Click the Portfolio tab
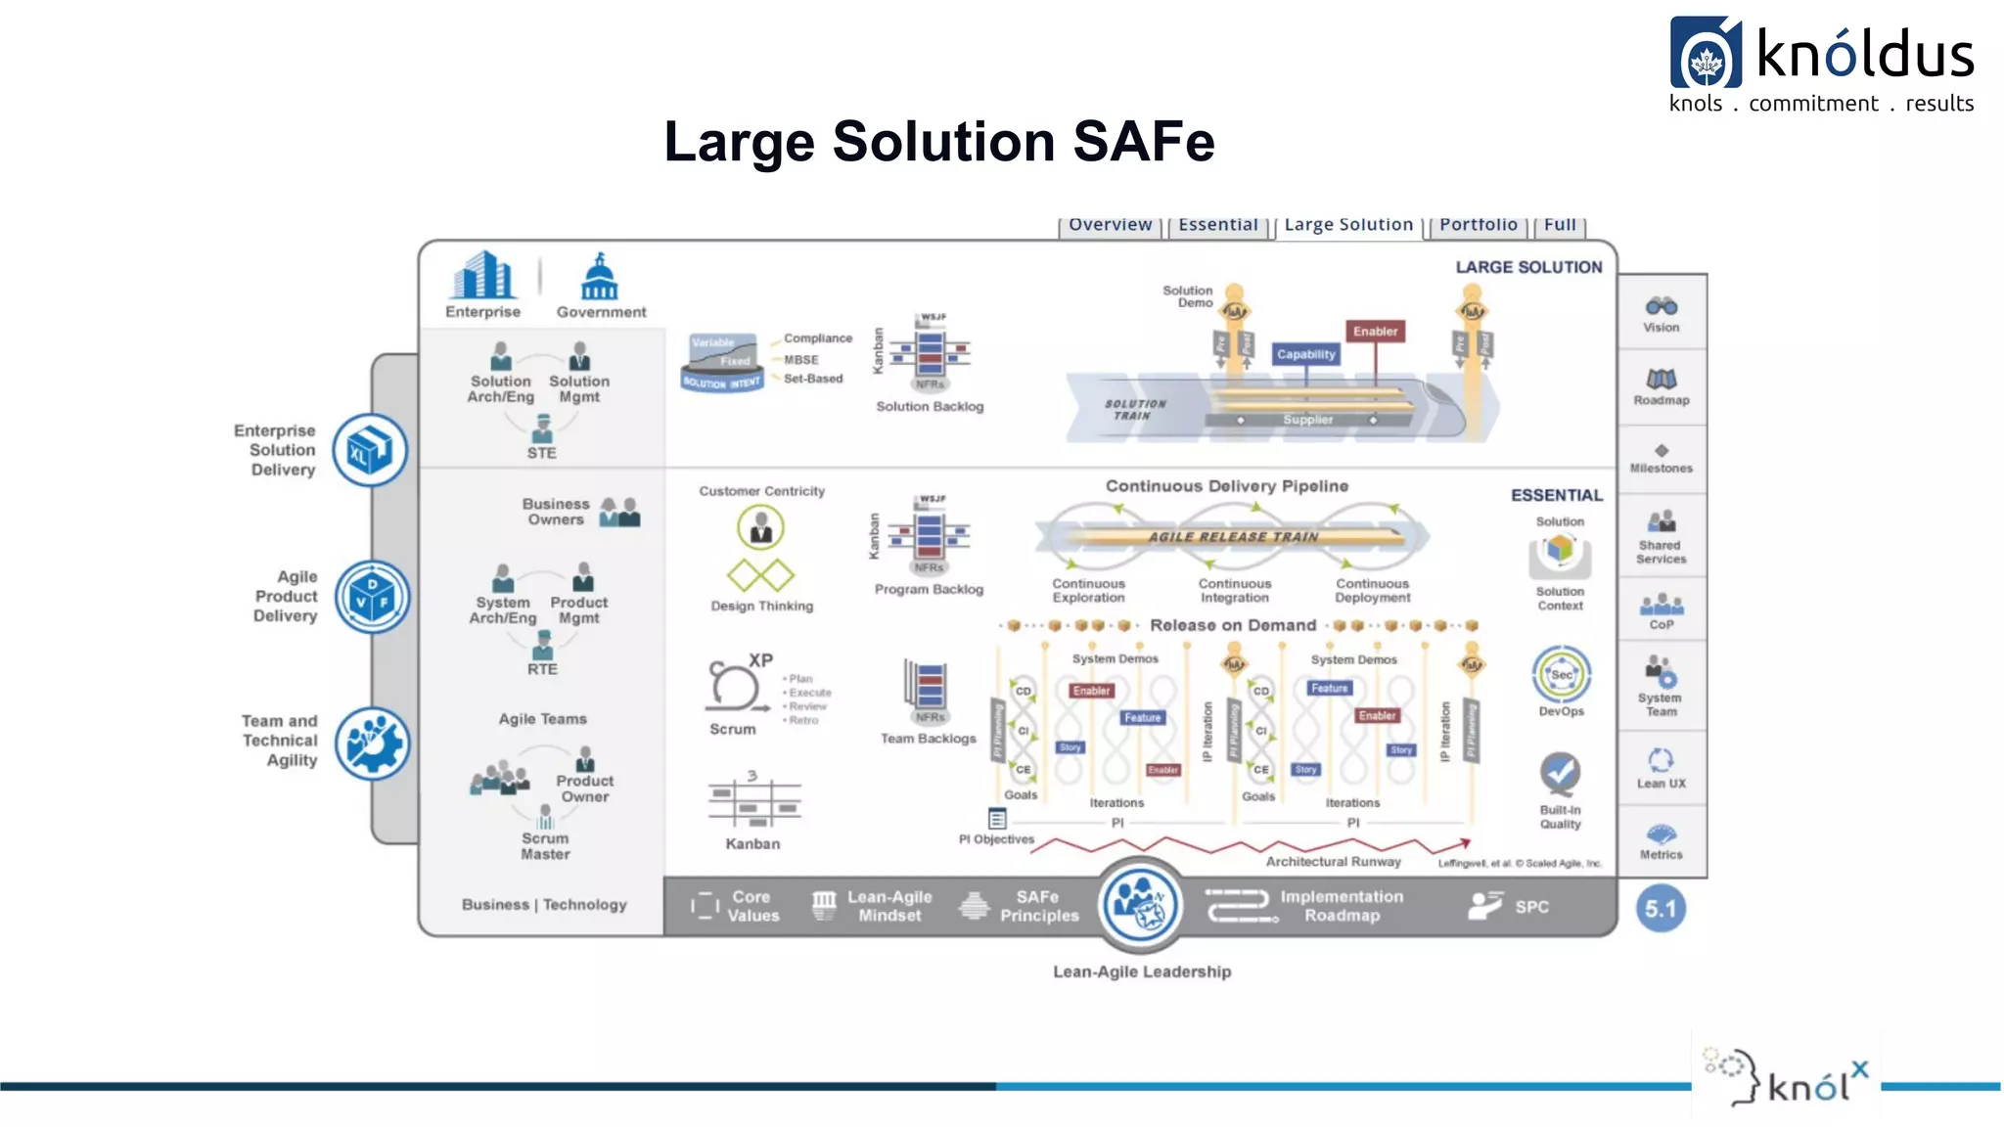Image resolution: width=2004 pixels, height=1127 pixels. (1478, 225)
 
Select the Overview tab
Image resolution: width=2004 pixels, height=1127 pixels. (1110, 225)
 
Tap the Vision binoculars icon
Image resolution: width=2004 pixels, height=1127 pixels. (1661, 306)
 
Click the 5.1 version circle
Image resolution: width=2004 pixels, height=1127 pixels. (1660, 909)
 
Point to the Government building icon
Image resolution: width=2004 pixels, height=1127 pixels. (600, 278)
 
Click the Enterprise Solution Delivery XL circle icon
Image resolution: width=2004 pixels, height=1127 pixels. (370, 451)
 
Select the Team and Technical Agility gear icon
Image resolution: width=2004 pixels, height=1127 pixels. (372, 744)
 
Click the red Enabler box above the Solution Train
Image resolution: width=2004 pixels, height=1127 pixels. (1375, 332)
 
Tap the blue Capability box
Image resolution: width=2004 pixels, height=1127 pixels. (1305, 354)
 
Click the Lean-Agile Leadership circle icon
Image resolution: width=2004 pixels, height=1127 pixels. (1139, 905)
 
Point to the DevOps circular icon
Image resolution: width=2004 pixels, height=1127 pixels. (1561, 674)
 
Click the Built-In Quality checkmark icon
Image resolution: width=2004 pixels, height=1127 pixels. (1560, 774)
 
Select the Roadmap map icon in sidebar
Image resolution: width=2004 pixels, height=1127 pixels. (1661, 379)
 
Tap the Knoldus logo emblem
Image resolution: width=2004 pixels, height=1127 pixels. (1706, 54)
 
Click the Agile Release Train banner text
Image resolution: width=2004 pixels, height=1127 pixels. (1233, 537)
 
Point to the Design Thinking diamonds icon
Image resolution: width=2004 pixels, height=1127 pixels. (760, 575)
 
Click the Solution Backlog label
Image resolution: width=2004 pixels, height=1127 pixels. (930, 407)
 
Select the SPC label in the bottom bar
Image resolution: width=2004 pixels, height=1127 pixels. (1531, 907)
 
